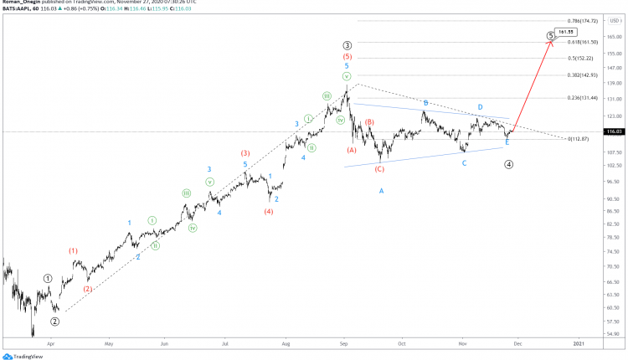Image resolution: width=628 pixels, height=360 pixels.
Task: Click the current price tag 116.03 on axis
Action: [615, 131]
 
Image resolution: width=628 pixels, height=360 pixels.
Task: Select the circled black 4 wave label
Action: [508, 164]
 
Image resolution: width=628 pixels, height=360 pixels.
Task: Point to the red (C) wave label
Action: [379, 169]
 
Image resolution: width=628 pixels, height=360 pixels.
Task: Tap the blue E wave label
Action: [507, 142]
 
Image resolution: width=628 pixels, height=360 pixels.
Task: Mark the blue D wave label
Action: [480, 107]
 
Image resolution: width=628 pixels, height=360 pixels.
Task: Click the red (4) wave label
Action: [268, 211]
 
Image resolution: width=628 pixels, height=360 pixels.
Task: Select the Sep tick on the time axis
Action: [345, 343]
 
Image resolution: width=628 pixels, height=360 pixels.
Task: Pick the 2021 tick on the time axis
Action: [579, 343]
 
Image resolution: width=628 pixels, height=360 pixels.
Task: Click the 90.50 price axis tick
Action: [614, 198]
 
